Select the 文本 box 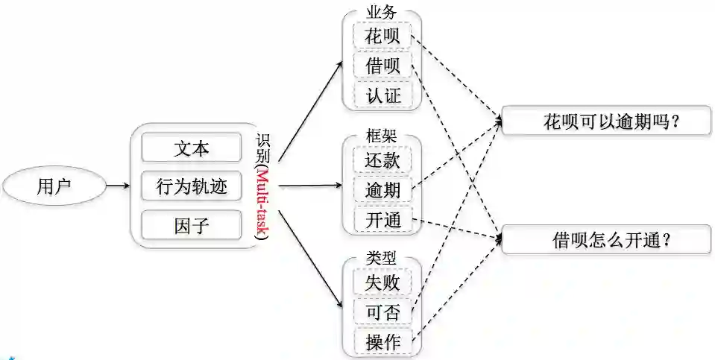point(192,148)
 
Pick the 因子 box point(192,225)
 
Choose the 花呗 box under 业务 point(382,36)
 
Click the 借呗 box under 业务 point(382,66)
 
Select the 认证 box point(382,95)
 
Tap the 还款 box point(382,160)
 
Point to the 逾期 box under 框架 point(382,190)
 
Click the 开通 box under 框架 point(382,220)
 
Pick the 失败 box point(382,282)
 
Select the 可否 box point(382,312)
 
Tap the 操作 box point(382,342)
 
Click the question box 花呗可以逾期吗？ point(606,121)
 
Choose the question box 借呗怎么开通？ point(606,239)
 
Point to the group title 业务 point(382,13)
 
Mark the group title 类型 point(382,258)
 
